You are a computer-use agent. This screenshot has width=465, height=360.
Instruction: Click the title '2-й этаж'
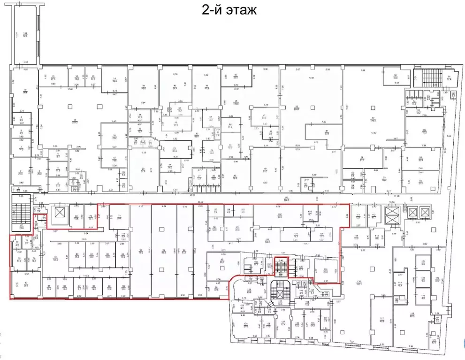click(x=229, y=10)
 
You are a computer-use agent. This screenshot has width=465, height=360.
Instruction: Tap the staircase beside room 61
click(x=428, y=75)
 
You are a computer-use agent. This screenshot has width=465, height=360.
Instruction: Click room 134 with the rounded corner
click(x=245, y=324)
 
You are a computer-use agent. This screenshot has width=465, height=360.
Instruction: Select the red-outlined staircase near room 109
click(x=281, y=268)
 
